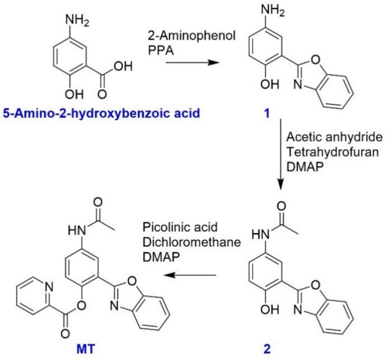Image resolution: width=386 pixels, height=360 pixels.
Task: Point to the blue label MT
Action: [x=86, y=350]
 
